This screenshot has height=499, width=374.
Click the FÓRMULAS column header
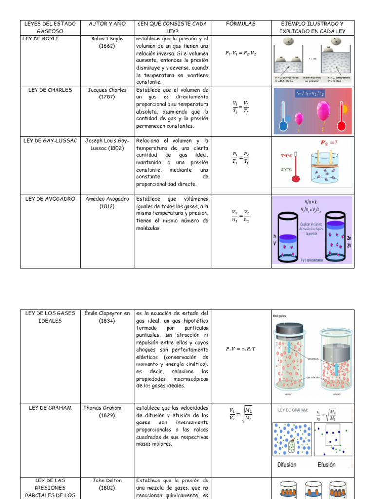[x=241, y=24]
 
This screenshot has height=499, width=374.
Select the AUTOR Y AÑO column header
[x=107, y=24]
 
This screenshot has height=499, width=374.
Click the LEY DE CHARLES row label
[x=50, y=90]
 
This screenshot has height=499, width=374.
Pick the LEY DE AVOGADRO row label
[x=49, y=199]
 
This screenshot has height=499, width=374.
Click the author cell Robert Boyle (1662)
[x=107, y=42]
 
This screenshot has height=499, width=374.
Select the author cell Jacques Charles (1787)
[x=107, y=93]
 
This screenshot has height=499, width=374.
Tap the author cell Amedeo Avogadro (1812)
[x=107, y=202]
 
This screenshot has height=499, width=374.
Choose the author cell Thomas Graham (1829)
[x=107, y=411]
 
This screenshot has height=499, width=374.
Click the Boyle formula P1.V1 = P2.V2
[x=241, y=53]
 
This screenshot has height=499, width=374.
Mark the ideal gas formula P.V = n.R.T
[x=241, y=349]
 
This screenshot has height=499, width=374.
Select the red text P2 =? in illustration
[x=329, y=143]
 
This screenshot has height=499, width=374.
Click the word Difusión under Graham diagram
[x=287, y=465]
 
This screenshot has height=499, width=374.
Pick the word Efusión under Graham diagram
[x=326, y=465]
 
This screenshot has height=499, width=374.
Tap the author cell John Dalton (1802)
[x=107, y=484]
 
